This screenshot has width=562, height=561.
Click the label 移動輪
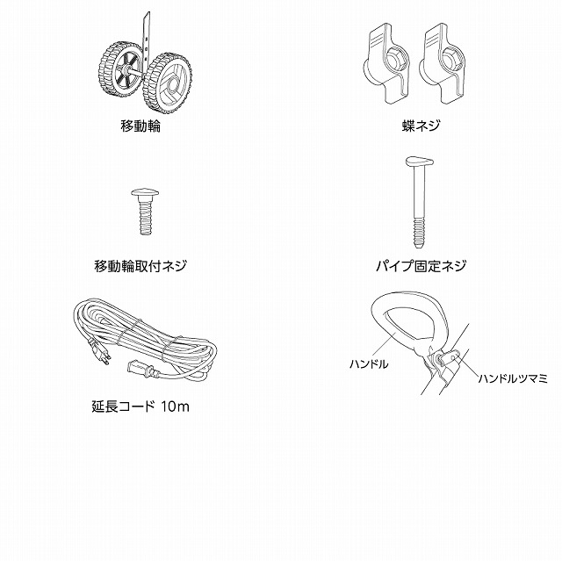(x=140, y=126)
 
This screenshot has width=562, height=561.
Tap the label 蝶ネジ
(x=421, y=126)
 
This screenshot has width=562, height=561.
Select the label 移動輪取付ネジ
(x=140, y=266)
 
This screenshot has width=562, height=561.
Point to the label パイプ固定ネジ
(x=421, y=266)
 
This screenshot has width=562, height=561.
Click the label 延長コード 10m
(x=140, y=406)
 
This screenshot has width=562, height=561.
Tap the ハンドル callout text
(x=369, y=364)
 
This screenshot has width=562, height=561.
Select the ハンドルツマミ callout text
(x=513, y=378)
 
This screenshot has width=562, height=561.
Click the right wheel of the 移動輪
(x=168, y=83)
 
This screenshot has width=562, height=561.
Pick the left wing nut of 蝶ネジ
(x=386, y=63)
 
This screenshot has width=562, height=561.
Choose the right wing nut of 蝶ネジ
(x=443, y=63)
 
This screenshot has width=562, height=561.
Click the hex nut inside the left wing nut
(x=397, y=59)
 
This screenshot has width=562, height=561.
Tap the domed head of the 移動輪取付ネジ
(x=145, y=193)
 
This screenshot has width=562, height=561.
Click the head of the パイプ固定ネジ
(x=420, y=161)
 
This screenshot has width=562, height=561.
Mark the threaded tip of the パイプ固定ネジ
(x=419, y=234)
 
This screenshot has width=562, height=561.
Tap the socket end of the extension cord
(x=140, y=369)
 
